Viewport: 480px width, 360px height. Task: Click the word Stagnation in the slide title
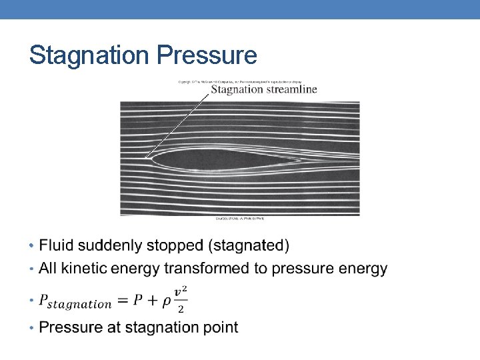[x=90, y=55]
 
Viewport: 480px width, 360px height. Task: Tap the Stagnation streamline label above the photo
[x=264, y=89]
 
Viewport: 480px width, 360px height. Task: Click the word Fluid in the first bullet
[x=57, y=245]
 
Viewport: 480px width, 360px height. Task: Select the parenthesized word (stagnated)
[x=249, y=245]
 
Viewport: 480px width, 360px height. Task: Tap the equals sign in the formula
[x=123, y=301]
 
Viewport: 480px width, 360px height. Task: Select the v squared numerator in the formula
[x=180, y=291]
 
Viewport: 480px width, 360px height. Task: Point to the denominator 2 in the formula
[x=180, y=308]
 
